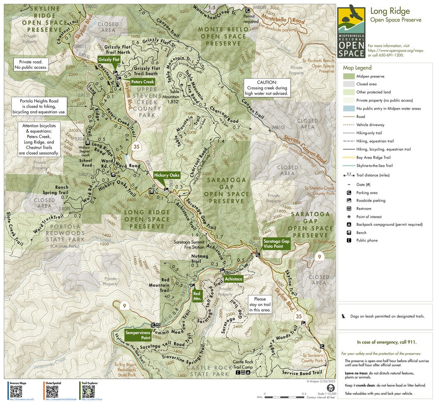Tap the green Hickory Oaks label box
pos(167,175)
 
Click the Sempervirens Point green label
pos(138,335)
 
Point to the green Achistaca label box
pos(233,279)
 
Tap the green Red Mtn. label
pos(197,296)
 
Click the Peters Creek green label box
pos(143,82)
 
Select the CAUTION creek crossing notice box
pos(267,88)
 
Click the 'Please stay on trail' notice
pos(260,304)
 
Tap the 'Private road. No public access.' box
pos(31,64)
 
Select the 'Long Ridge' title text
pos(389,11)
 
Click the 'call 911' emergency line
pos(386,342)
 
